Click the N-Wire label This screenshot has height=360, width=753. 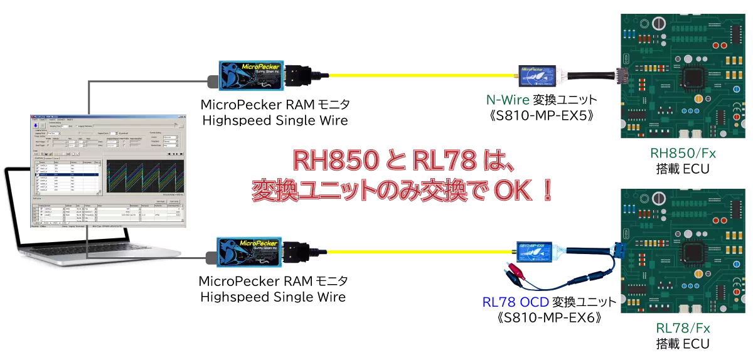(x=508, y=100)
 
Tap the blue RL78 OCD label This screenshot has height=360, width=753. (x=516, y=302)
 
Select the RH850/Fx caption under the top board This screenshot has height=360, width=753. (x=683, y=153)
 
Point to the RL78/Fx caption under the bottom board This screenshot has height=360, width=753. (x=683, y=328)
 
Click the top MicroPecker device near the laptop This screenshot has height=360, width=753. (x=252, y=75)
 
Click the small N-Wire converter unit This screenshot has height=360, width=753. (x=537, y=75)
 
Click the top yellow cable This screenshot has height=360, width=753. (x=420, y=75)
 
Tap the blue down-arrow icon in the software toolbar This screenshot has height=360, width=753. (x=35, y=125)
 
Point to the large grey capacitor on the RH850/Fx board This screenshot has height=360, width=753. (x=658, y=24)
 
